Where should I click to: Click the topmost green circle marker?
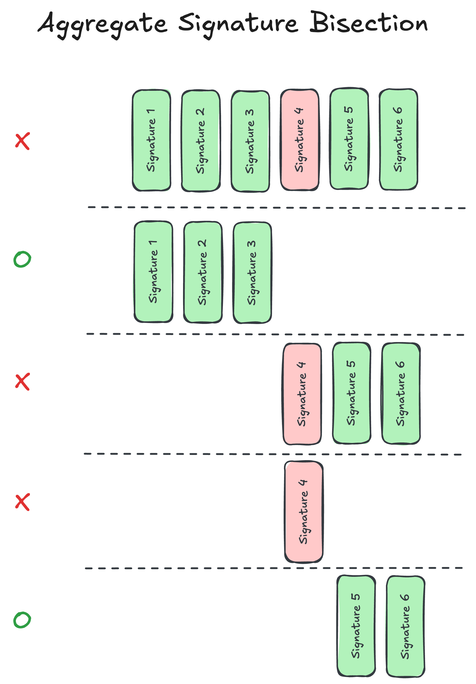coord(22,259)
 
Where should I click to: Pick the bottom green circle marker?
coord(22,620)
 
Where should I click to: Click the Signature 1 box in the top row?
coord(151,140)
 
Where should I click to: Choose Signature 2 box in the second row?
coord(203,272)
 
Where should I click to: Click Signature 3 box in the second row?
coord(252,272)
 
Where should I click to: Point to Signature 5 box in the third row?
coord(351,393)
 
